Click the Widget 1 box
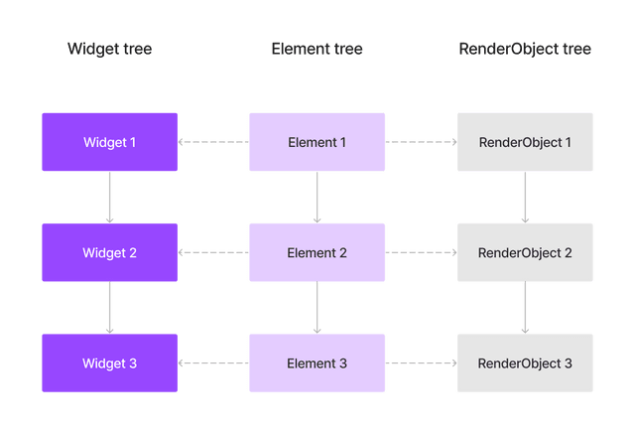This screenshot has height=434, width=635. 109,142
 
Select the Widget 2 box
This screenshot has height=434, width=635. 109,253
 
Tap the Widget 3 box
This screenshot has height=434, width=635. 109,363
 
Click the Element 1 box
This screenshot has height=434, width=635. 317,142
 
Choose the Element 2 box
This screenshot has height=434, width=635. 317,253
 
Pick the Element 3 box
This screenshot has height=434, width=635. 317,363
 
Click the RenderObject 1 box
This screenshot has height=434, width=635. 525,142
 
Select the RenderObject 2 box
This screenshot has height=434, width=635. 525,253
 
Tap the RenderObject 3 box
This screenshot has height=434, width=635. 525,363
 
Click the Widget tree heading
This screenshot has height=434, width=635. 109,49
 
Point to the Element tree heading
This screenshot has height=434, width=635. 317,49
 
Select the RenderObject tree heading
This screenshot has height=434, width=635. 525,49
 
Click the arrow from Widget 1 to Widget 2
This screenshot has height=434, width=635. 109,198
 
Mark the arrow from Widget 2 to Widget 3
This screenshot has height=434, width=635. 109,309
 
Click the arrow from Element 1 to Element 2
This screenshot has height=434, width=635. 317,198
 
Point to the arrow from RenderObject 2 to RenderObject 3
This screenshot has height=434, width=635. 525,309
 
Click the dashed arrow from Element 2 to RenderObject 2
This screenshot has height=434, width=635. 421,253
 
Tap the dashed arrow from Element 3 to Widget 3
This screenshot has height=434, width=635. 213,363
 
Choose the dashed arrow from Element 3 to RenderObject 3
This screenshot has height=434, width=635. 421,363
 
